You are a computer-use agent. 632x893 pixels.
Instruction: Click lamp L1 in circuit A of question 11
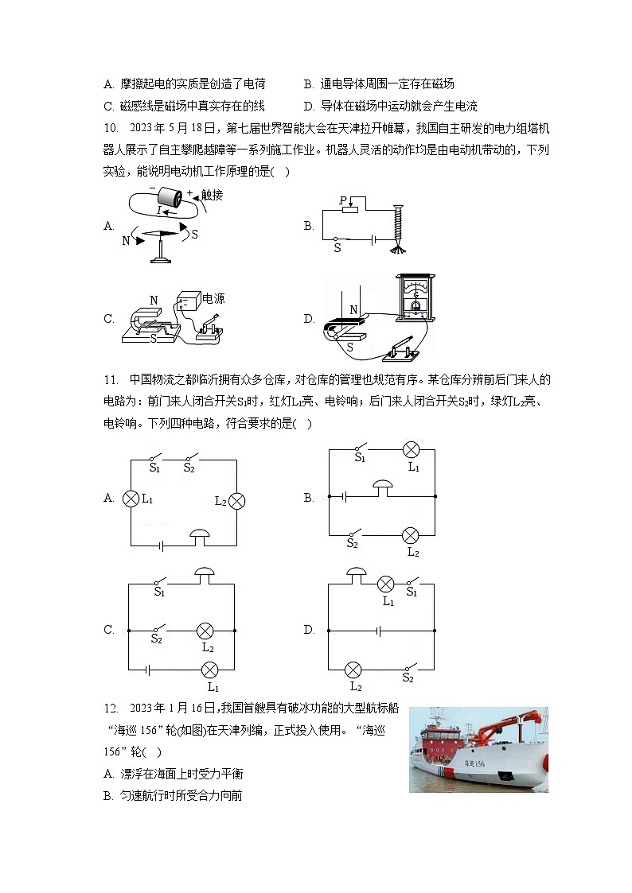click(x=131, y=499)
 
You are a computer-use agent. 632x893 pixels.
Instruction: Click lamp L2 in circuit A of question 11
click(x=236, y=501)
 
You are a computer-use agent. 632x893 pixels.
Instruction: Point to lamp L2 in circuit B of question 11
click(x=411, y=534)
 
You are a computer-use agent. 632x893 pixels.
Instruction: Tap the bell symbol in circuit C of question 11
click(x=206, y=573)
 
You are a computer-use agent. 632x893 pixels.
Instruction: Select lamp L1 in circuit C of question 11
click(x=212, y=670)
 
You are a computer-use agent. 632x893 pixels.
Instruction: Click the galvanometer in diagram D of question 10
click(x=414, y=297)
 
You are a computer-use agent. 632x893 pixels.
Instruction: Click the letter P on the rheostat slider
click(x=343, y=201)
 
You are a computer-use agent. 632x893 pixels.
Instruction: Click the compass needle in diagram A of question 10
click(x=162, y=234)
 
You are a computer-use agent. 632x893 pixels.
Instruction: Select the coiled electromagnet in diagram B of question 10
click(x=396, y=223)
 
